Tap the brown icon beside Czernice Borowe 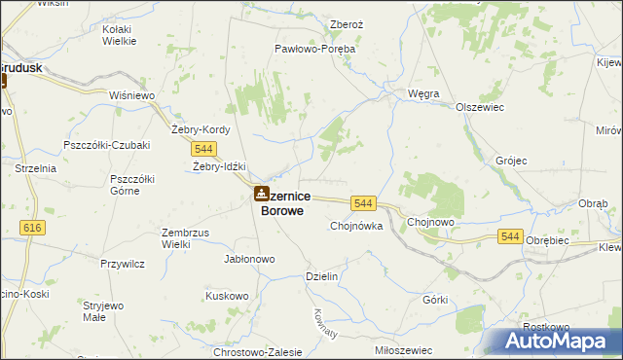261,195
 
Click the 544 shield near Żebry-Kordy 203,148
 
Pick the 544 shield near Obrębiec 510,235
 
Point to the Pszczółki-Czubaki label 105,145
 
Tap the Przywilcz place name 123,263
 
